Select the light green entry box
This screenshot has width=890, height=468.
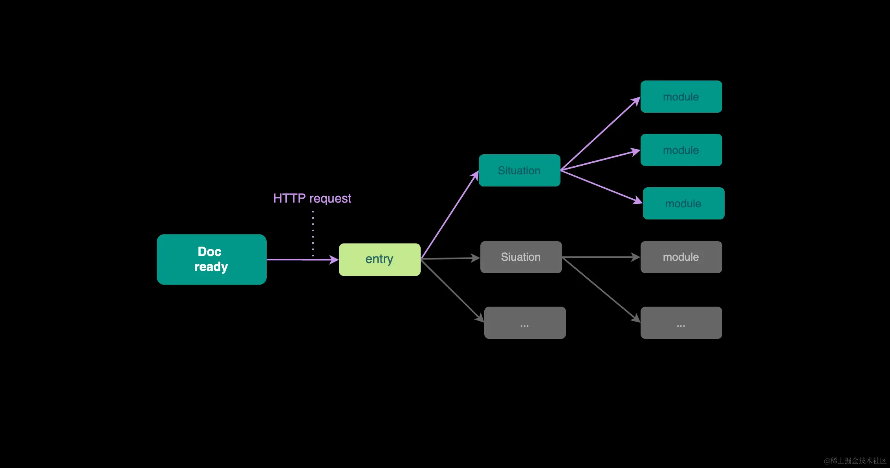pos(379,260)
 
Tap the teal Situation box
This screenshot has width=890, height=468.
pos(519,170)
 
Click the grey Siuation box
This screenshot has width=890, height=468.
pos(521,257)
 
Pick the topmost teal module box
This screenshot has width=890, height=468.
pos(681,97)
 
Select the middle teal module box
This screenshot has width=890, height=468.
pos(681,150)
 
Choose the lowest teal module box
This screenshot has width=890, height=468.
pos(683,203)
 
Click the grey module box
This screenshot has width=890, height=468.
pos(681,257)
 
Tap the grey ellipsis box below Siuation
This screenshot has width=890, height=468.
pos(525,323)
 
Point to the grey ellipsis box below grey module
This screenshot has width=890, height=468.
pos(681,323)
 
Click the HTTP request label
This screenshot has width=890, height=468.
pos(312,198)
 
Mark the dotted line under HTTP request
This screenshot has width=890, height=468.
pos(313,234)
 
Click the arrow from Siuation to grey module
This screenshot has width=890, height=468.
pos(601,257)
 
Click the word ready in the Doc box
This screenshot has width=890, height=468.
pos(211,267)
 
